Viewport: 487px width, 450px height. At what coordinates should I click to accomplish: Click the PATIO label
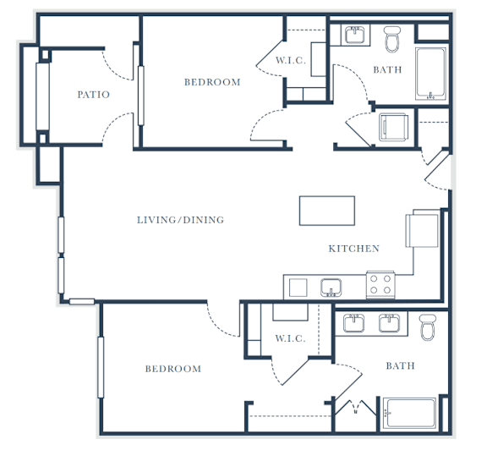click(94, 95)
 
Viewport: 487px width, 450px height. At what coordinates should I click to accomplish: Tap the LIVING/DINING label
click(180, 220)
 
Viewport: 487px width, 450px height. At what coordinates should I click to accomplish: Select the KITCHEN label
click(354, 249)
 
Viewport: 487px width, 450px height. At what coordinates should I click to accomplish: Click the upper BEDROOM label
click(212, 82)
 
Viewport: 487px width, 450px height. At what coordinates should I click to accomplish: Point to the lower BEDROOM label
click(173, 369)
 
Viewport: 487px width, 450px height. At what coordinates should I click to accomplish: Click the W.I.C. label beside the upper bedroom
click(291, 60)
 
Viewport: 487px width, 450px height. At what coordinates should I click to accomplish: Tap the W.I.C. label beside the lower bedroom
click(290, 338)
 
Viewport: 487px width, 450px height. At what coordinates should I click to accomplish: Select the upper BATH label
click(387, 69)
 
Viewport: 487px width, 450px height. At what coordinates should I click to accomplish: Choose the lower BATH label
click(401, 365)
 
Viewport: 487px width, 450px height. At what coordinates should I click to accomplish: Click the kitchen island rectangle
click(327, 211)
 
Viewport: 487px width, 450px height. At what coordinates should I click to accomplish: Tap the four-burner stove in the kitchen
click(380, 285)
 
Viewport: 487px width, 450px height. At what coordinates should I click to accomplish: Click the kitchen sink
click(331, 288)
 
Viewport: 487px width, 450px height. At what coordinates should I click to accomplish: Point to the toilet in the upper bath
click(392, 39)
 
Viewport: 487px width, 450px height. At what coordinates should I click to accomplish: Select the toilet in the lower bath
click(427, 327)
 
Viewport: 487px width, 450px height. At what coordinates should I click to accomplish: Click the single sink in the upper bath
click(355, 35)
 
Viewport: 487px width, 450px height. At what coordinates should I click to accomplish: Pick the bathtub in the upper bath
click(431, 74)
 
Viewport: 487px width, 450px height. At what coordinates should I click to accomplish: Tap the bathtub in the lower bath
click(410, 413)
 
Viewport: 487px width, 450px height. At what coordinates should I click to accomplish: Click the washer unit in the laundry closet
click(393, 128)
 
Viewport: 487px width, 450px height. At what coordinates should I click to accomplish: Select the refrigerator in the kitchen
click(422, 228)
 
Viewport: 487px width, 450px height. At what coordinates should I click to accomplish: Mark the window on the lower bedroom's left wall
click(101, 367)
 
